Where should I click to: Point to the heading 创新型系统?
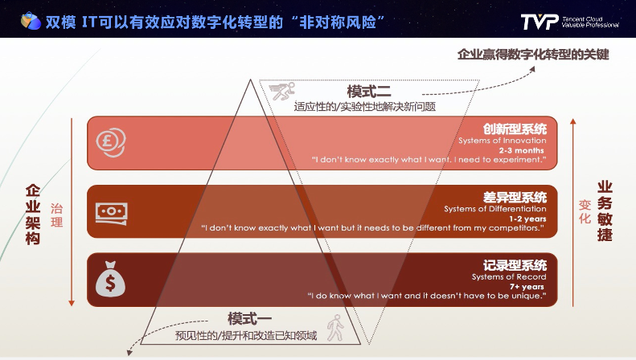pos(515,129)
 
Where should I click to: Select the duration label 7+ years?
pos(527,287)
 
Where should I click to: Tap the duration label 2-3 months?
pos(522,150)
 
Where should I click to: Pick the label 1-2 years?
pos(527,219)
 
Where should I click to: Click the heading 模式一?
pos(249,319)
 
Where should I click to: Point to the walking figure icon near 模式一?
pos(334,328)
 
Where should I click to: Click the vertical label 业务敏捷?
pos(605,212)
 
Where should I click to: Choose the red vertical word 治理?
pos(56,215)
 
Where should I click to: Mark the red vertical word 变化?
pos(585,211)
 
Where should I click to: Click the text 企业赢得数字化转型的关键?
pos(533,54)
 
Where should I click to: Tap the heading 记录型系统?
pos(515,265)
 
